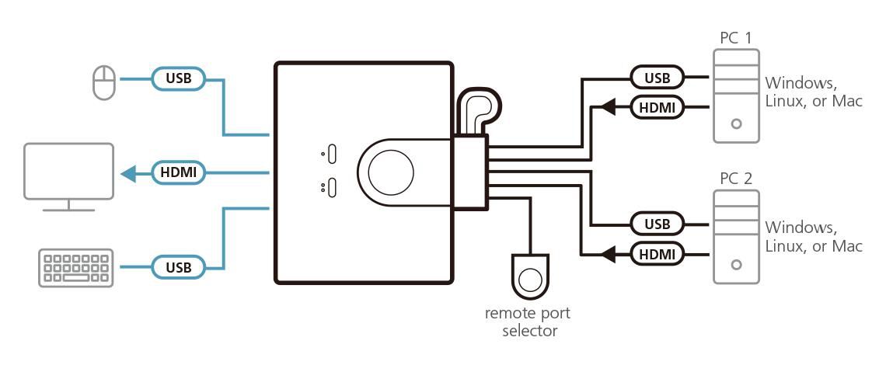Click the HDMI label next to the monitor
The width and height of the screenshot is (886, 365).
coord(178,172)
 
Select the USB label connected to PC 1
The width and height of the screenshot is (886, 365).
coord(657,78)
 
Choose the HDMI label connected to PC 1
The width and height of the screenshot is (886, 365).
coord(657,107)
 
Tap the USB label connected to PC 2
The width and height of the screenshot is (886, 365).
coord(657,224)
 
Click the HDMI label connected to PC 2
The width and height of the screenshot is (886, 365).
coord(657,253)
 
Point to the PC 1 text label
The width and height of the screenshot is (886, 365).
coord(736,36)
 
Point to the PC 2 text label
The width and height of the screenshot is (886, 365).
coord(736,179)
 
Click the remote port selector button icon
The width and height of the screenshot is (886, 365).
coord(532,278)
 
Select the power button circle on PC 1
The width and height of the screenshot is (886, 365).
coord(736,123)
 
